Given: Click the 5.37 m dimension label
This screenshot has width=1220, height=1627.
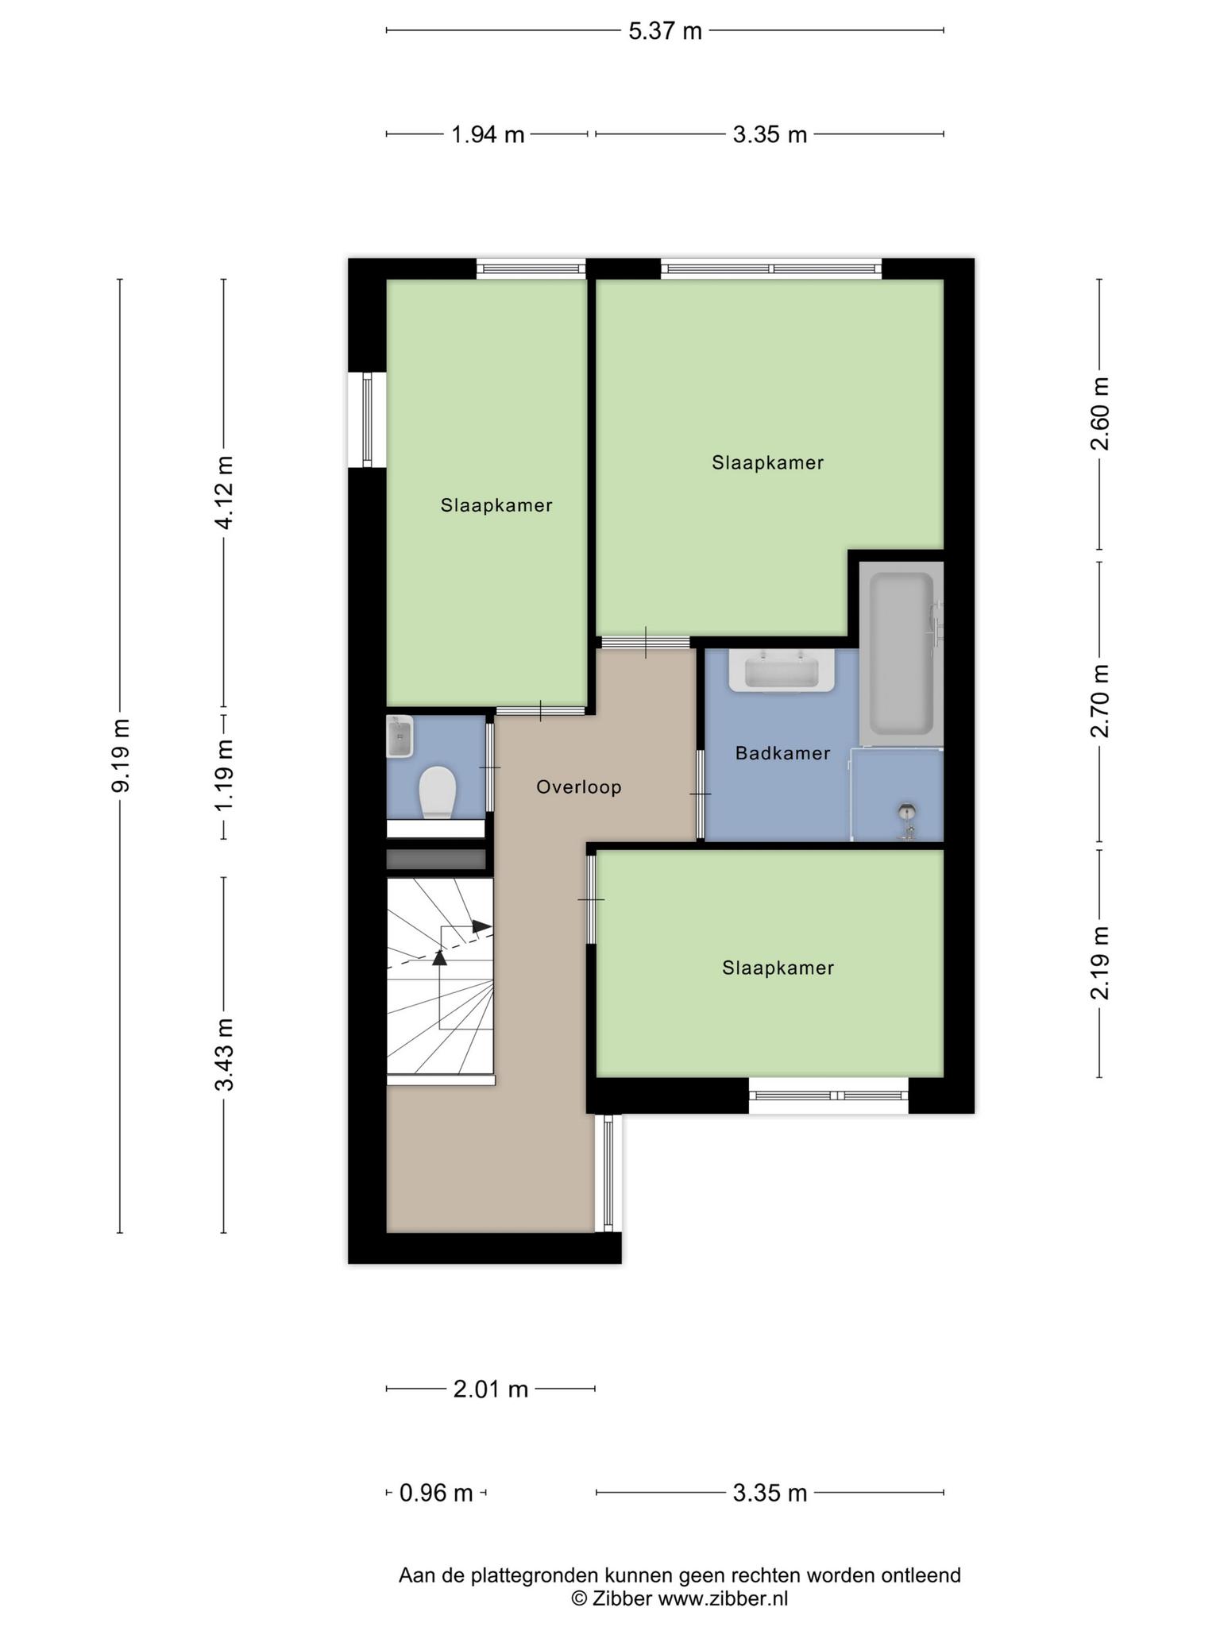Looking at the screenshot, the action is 665,31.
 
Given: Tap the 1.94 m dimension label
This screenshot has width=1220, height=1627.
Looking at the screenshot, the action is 488,134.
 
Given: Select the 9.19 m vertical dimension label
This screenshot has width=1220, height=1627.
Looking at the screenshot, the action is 121,756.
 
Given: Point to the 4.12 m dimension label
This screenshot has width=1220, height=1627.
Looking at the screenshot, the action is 225,493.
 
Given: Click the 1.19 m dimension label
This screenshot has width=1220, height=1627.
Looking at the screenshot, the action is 225,775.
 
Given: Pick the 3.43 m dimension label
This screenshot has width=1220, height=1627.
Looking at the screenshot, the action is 225,1054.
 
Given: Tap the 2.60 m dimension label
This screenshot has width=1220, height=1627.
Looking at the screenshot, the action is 1099,414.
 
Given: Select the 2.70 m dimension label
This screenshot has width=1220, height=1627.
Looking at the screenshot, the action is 1099,701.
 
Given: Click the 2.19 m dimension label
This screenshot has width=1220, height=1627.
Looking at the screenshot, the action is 1099,963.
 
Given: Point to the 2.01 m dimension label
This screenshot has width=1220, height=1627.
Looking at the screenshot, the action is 491,1389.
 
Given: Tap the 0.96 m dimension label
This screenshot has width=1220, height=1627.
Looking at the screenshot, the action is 436,1494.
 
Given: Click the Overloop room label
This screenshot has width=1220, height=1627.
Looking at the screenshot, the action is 578,787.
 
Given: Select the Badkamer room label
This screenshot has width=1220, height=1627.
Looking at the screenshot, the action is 782,753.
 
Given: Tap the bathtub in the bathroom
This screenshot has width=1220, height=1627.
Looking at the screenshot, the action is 901,653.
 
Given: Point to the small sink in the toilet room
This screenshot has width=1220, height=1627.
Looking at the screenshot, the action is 400,736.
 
